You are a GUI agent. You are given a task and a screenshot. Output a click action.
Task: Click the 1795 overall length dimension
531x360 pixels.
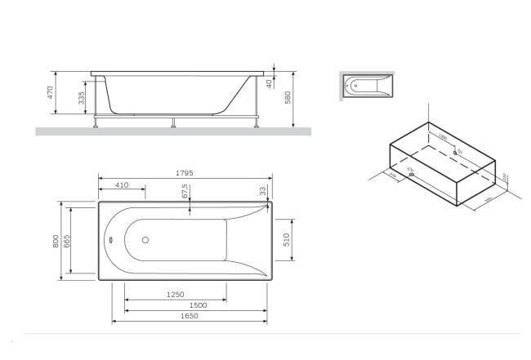[x=185, y=172]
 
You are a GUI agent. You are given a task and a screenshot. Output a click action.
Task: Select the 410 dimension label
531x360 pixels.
[x=123, y=185]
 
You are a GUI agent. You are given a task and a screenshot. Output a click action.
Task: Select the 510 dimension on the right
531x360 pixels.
[x=288, y=240]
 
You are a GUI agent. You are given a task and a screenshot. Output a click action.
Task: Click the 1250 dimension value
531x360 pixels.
[x=175, y=295]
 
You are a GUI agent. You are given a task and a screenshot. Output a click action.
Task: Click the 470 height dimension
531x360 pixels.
[x=50, y=91]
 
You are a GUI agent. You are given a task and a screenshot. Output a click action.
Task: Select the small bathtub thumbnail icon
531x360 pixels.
[x=364, y=85]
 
